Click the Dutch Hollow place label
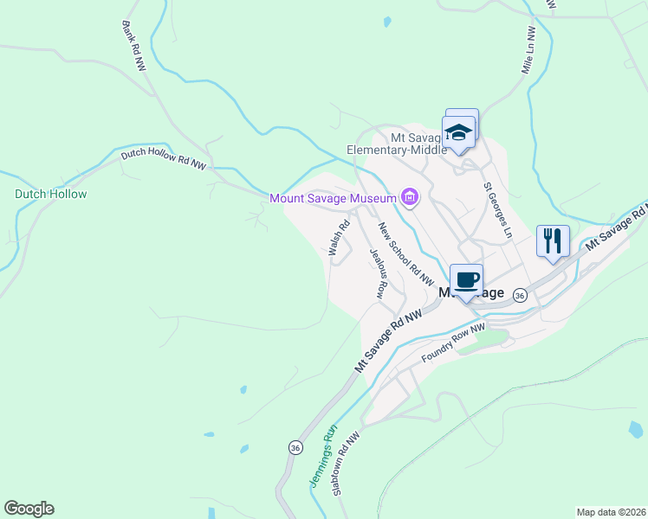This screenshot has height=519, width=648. pos(51,194)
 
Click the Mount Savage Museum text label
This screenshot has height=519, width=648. pos(333,198)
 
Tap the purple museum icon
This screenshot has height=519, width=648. pos(409,198)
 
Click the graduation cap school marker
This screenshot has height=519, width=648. pos(457,133)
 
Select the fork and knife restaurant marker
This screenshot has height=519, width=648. pos(552,239)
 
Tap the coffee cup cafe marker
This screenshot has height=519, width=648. pos(466,279)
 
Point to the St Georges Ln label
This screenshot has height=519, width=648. pos(498,210)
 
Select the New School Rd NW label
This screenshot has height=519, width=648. pos(404,253)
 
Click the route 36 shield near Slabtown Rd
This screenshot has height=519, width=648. pos(295,447)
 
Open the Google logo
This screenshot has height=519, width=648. pos(29,509)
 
